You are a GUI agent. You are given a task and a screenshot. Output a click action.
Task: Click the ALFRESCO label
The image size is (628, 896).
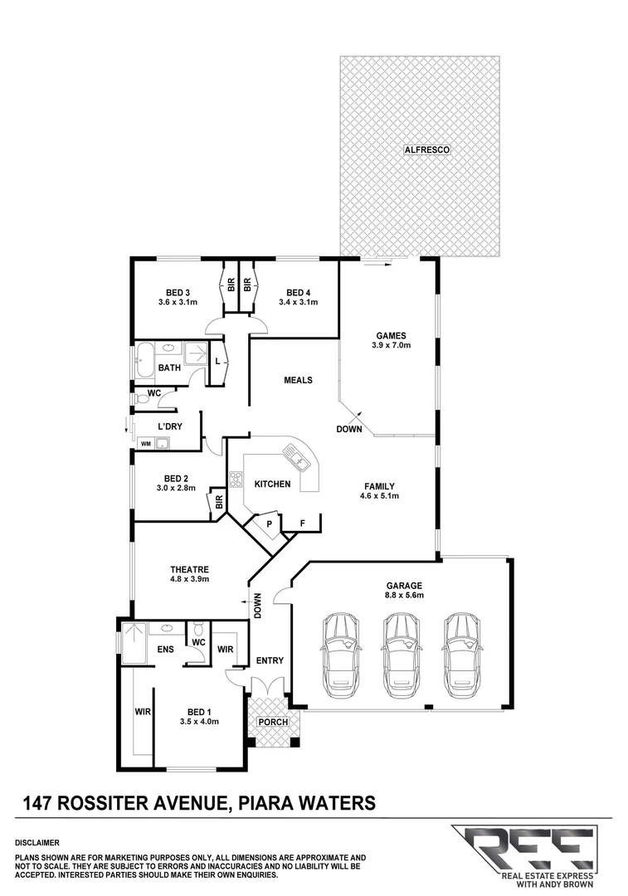click(x=421, y=150)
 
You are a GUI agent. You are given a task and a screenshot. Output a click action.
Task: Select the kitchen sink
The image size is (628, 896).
click(x=296, y=455)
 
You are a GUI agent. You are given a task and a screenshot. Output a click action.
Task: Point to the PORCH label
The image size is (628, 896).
click(x=272, y=722)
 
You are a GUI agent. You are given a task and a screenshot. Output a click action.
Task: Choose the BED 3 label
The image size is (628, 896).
click(x=178, y=292)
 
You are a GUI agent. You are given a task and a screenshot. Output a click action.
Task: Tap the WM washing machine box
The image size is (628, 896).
click(x=146, y=444)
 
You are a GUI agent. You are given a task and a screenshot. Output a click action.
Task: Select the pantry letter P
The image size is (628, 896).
click(x=269, y=524)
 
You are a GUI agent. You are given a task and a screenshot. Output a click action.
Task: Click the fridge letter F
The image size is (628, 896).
click(x=302, y=524)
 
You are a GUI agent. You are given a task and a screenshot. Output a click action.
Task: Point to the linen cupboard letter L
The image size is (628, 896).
click(x=217, y=363)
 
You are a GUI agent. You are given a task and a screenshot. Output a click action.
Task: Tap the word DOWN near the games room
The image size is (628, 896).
click(x=348, y=429)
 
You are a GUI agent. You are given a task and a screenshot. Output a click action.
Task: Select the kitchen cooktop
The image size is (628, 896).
click(x=235, y=479)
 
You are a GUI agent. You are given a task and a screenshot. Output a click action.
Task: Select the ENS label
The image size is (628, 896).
click(x=165, y=650)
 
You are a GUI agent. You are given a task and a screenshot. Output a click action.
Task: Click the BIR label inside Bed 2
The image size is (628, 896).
click(x=220, y=502)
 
